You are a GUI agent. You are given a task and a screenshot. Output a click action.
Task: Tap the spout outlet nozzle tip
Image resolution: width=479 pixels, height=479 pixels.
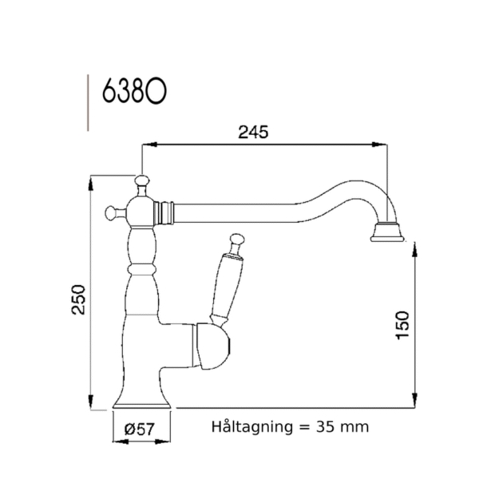(390, 234)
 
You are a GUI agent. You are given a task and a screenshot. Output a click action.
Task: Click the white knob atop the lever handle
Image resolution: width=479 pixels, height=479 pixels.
(236, 238)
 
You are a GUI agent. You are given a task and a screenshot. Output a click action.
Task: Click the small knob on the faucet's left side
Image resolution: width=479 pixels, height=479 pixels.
(112, 212)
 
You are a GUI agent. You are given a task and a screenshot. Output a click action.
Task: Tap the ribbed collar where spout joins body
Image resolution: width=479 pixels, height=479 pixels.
(166, 212)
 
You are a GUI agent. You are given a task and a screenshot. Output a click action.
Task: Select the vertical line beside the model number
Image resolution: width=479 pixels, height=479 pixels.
(87, 101)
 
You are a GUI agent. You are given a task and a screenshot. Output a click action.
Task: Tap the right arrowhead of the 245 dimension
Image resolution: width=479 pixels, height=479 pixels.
(384, 145)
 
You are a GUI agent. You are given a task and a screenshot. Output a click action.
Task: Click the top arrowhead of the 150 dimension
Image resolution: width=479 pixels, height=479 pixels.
(413, 247)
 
